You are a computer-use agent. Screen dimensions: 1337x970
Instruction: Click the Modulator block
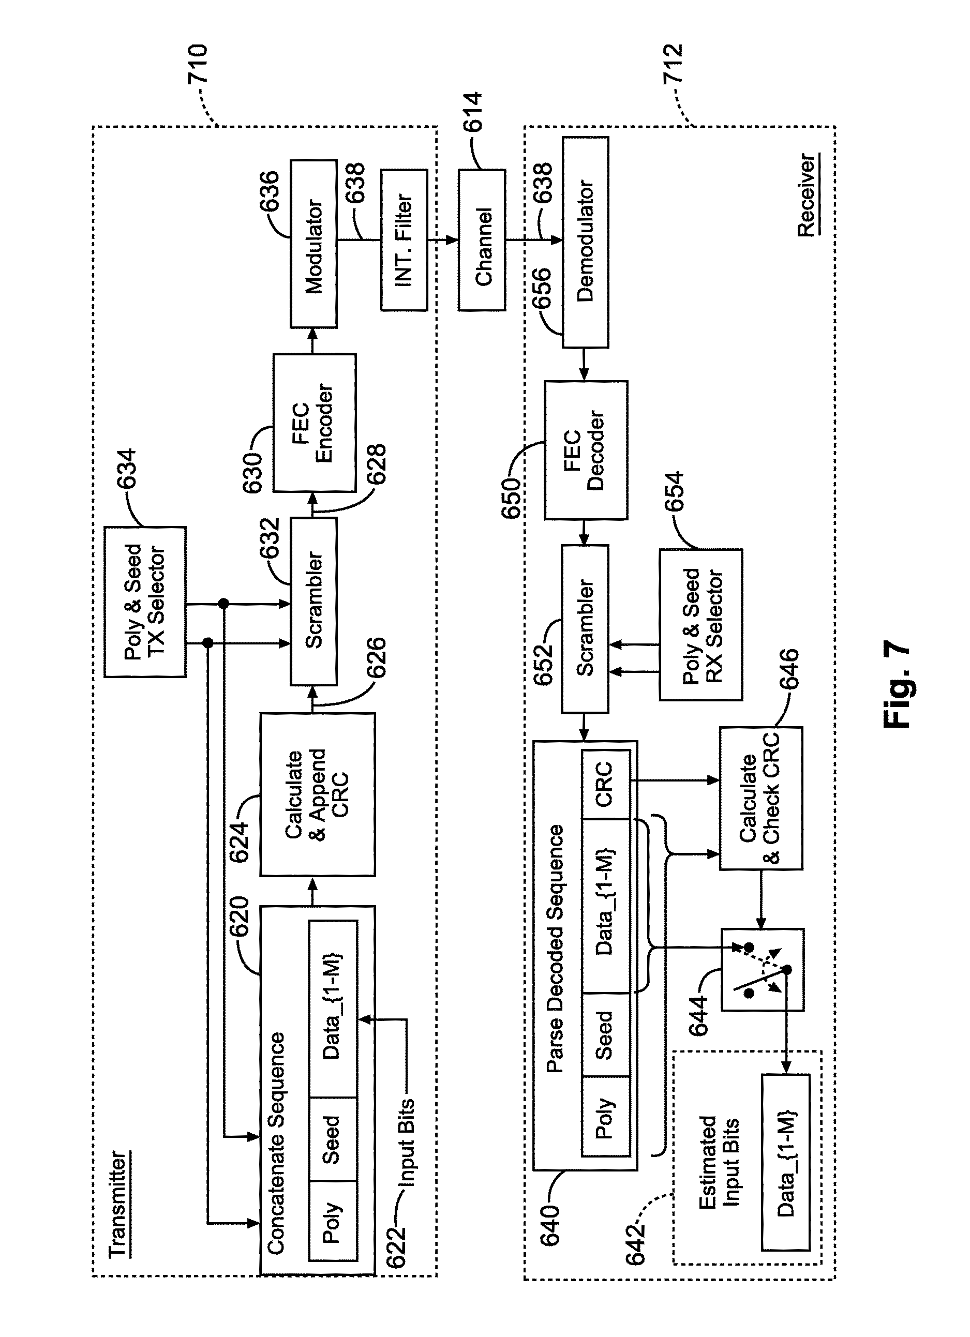(x=313, y=243)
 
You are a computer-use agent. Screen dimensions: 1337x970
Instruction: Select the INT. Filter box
(x=404, y=240)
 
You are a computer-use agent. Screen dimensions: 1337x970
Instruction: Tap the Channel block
(x=482, y=240)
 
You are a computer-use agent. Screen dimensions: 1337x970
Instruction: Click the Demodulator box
(x=585, y=242)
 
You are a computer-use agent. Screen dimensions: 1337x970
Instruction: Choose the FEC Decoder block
(x=586, y=450)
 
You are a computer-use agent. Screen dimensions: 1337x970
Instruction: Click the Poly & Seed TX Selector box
(x=145, y=602)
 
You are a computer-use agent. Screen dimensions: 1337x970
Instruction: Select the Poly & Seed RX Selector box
(x=700, y=625)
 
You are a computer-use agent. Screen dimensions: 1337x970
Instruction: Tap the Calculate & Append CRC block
(x=317, y=794)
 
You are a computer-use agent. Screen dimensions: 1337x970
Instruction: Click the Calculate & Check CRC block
(x=760, y=798)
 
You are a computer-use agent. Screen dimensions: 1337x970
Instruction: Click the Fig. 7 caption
(x=897, y=684)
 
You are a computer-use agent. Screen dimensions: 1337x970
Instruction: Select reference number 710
(x=198, y=64)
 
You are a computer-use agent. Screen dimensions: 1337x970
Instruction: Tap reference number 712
(x=673, y=64)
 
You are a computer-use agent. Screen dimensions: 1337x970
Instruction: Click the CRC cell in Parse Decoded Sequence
(x=605, y=784)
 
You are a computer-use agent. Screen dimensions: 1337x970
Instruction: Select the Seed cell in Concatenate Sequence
(x=332, y=1139)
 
